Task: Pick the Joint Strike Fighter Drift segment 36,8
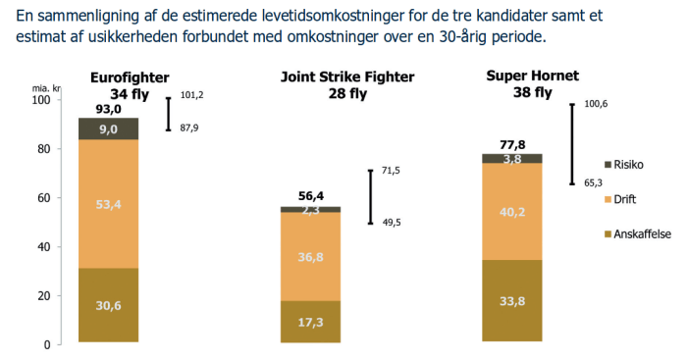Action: click(310, 257)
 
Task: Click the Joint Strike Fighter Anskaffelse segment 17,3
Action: click(310, 322)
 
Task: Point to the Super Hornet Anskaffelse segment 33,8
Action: click(512, 301)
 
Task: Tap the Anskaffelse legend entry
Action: click(637, 234)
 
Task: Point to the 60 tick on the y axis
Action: click(42, 198)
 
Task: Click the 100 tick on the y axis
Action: click(40, 101)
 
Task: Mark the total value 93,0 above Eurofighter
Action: click(109, 110)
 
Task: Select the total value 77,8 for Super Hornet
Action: click(512, 142)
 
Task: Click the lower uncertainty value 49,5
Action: click(391, 223)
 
